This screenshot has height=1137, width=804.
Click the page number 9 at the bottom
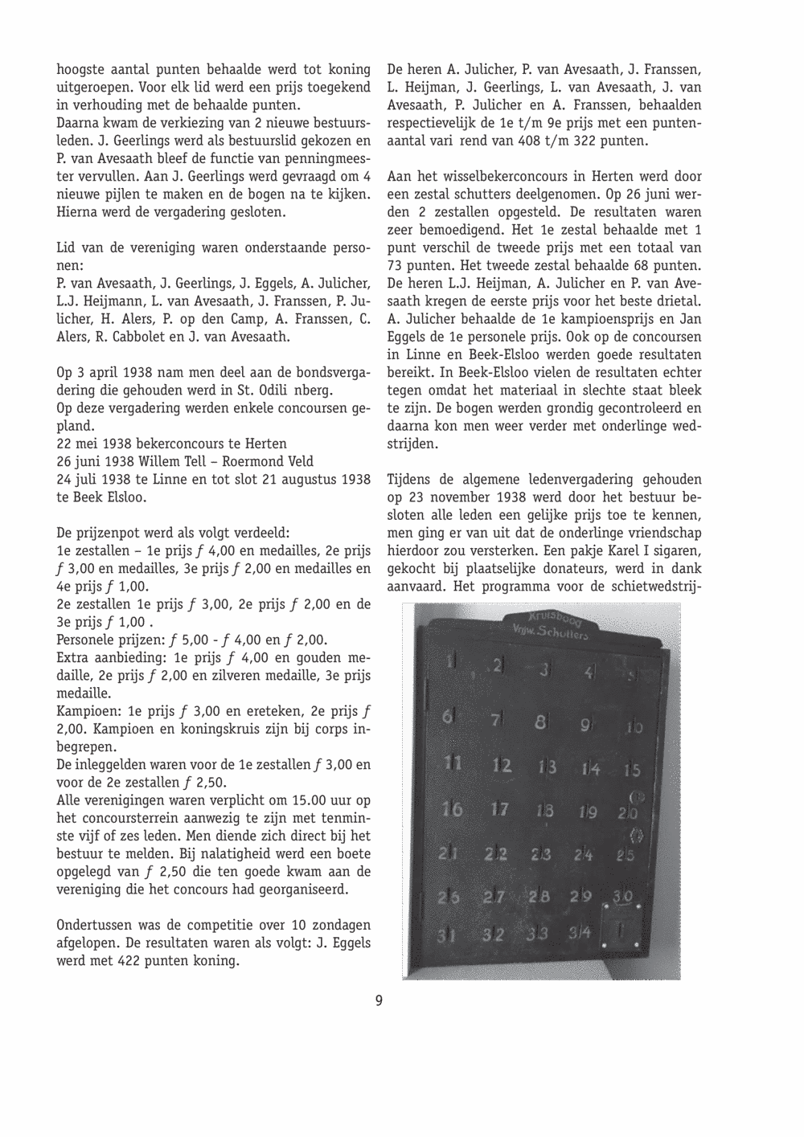379,1001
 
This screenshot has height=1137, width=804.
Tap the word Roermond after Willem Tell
246,462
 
